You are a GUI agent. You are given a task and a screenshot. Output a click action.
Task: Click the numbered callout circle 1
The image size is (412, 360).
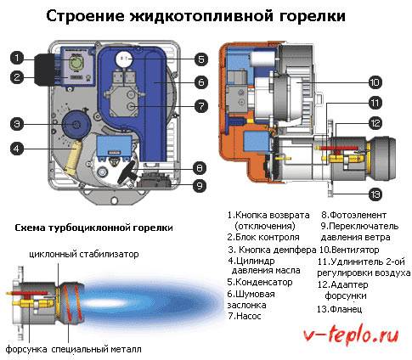coord(17,58)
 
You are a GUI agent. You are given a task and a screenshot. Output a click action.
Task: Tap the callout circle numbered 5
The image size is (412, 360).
coord(201,59)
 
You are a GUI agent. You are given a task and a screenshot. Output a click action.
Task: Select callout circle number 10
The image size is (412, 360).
coord(375,82)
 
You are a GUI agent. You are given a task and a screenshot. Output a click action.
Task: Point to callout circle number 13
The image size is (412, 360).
coord(375,194)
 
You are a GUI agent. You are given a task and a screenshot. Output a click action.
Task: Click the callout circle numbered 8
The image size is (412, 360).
coord(200,168)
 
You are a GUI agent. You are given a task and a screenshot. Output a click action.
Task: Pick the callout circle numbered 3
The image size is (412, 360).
coord(17,124)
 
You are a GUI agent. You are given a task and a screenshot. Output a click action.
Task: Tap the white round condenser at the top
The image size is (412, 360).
coord(124,59)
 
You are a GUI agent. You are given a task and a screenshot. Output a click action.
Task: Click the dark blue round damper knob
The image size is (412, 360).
coord(76,125)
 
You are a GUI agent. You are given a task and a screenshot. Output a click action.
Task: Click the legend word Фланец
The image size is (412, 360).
coord(346,309)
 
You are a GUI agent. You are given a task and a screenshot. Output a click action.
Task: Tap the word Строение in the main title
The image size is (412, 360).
coord(85,16)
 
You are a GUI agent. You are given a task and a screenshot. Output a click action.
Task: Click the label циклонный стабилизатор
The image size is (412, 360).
coord(84,254)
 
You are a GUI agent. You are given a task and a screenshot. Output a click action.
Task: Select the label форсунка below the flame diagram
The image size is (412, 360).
coord(26,349)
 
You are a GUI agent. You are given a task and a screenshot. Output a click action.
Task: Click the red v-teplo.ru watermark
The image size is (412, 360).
coord(351,335)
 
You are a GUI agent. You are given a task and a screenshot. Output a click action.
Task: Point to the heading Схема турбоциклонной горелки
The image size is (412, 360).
coord(93,228)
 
